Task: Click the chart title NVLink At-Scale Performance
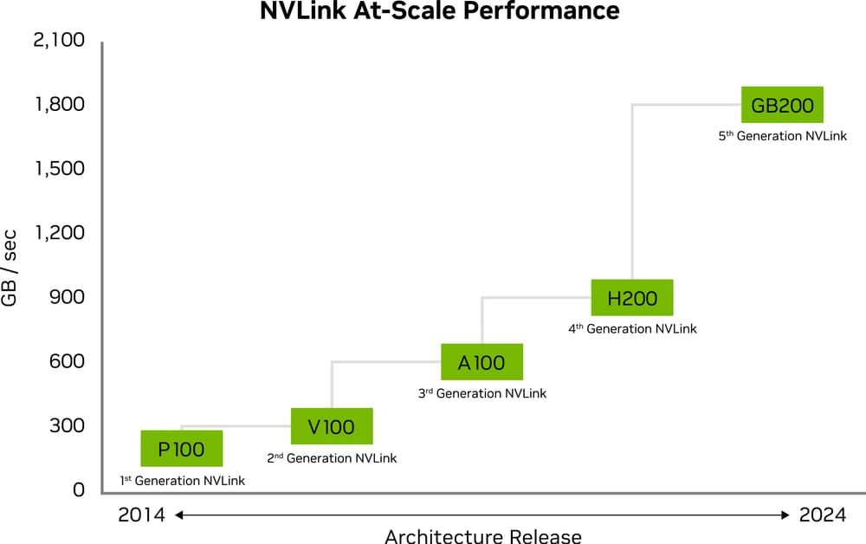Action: [x=440, y=11]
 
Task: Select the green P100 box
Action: [x=182, y=449]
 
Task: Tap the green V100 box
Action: [x=332, y=426]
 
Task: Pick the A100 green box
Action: [x=481, y=362]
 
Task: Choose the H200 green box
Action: [x=632, y=298]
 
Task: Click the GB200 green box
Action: [x=783, y=106]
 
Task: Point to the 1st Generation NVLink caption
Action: [x=182, y=481]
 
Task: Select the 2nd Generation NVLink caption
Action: [x=332, y=458]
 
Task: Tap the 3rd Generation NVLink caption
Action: [x=481, y=394]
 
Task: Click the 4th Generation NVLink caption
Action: [x=632, y=329]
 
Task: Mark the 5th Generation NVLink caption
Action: [x=782, y=137]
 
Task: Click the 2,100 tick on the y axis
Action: [x=59, y=40]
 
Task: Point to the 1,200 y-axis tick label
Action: [x=59, y=232]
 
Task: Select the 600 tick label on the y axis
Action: [x=66, y=360]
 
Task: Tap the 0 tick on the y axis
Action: [x=79, y=489]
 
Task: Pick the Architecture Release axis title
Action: [x=482, y=536]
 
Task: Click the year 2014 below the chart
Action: [x=141, y=515]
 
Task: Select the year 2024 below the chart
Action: [x=823, y=515]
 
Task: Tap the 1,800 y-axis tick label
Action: [x=59, y=104]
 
